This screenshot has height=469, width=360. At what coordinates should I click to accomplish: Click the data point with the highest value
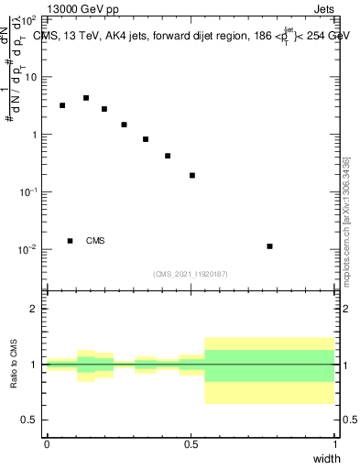86,98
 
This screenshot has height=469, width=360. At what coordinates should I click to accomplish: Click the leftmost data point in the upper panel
62,106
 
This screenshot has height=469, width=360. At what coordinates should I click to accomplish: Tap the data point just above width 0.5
192,175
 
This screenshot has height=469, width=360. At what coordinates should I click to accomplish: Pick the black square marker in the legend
71,241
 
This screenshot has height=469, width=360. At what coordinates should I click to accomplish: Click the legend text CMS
95,241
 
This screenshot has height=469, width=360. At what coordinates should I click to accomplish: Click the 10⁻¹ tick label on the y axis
27,191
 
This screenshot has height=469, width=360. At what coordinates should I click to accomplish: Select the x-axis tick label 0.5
191,444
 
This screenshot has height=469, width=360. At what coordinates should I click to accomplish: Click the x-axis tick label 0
47,444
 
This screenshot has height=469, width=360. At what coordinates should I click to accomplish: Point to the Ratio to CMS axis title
15,364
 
